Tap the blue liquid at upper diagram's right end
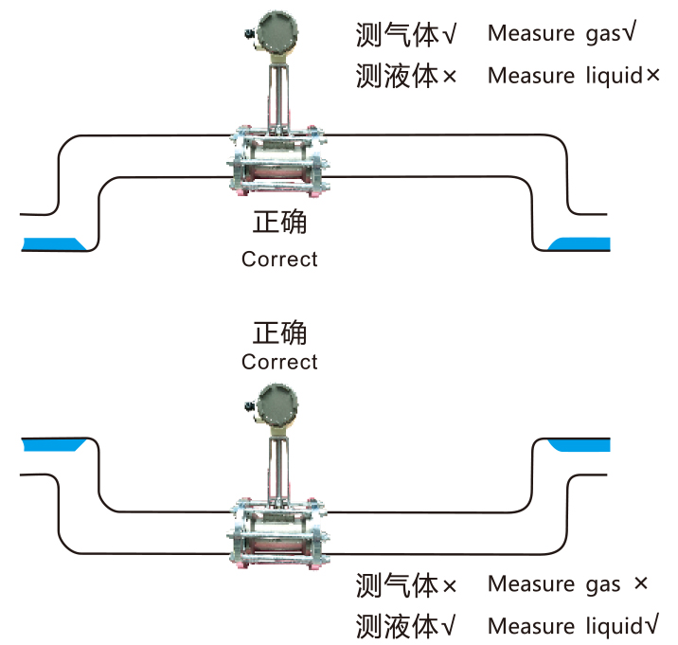tap(580, 243)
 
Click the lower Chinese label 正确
tap(279, 333)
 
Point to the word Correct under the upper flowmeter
tap(279, 259)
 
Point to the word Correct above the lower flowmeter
tap(279, 362)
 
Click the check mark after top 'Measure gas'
tap(627, 33)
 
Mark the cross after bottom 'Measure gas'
tap(641, 584)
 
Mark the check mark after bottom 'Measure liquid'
tap(651, 624)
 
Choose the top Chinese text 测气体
tap(398, 35)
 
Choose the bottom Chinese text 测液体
tap(398, 626)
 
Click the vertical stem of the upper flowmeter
tap(277, 95)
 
